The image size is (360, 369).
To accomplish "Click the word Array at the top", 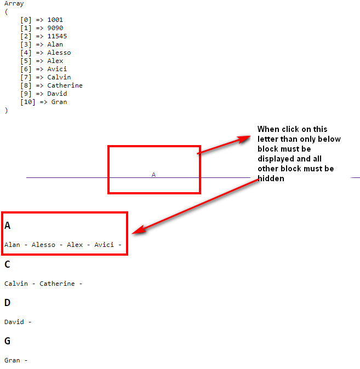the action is click(x=14, y=4).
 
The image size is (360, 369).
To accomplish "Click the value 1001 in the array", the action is click(x=55, y=20).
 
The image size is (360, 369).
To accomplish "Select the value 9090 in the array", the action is click(x=55, y=28).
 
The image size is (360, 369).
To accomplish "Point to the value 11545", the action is click(x=57, y=36).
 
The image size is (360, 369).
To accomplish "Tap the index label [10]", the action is click(x=28, y=102).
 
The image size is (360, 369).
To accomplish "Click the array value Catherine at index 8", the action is click(x=65, y=85).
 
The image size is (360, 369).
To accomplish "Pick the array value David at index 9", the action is click(x=57, y=94).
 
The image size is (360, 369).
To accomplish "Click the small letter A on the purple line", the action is click(x=153, y=175).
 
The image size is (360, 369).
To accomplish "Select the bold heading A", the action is click(x=8, y=226).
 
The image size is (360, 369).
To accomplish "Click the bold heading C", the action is click(x=7, y=264).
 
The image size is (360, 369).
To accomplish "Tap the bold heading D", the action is click(x=8, y=303).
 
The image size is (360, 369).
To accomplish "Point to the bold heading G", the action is click(x=8, y=341).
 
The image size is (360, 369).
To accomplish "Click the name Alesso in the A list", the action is click(x=43, y=245).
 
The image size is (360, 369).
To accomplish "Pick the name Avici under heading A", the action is click(x=104, y=245).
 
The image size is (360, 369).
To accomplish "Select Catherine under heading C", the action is click(x=57, y=284).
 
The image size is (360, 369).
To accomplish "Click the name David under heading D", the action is click(x=14, y=322).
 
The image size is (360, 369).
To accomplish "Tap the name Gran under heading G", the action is click(x=12, y=360).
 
